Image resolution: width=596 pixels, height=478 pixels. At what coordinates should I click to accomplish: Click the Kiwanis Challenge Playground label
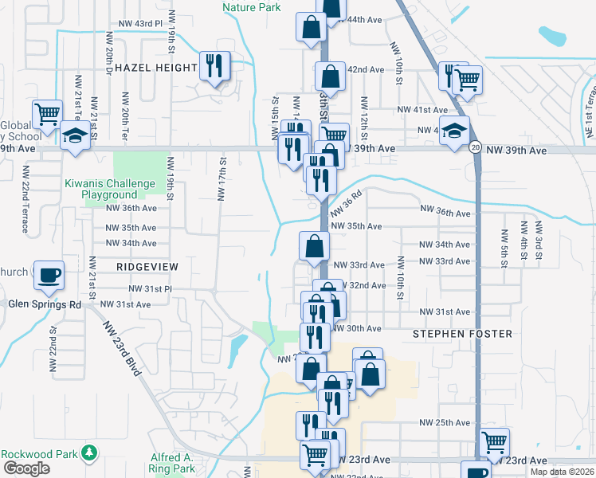pos(110,189)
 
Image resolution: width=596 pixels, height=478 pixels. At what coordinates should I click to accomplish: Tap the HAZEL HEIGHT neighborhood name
pos(155,68)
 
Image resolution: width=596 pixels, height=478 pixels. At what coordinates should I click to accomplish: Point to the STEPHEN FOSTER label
pos(462,334)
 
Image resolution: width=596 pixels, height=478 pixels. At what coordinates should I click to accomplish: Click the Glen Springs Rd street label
pos(45,304)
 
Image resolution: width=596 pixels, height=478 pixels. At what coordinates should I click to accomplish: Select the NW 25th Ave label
pos(445,422)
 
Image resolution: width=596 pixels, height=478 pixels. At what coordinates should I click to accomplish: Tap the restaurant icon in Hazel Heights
pos(213,65)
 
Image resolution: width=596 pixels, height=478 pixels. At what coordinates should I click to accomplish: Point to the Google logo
pos(26,469)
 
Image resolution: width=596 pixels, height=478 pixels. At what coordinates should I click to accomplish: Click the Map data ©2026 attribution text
pos(562,472)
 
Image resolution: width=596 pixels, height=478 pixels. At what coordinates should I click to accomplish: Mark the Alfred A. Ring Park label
pos(171,463)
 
